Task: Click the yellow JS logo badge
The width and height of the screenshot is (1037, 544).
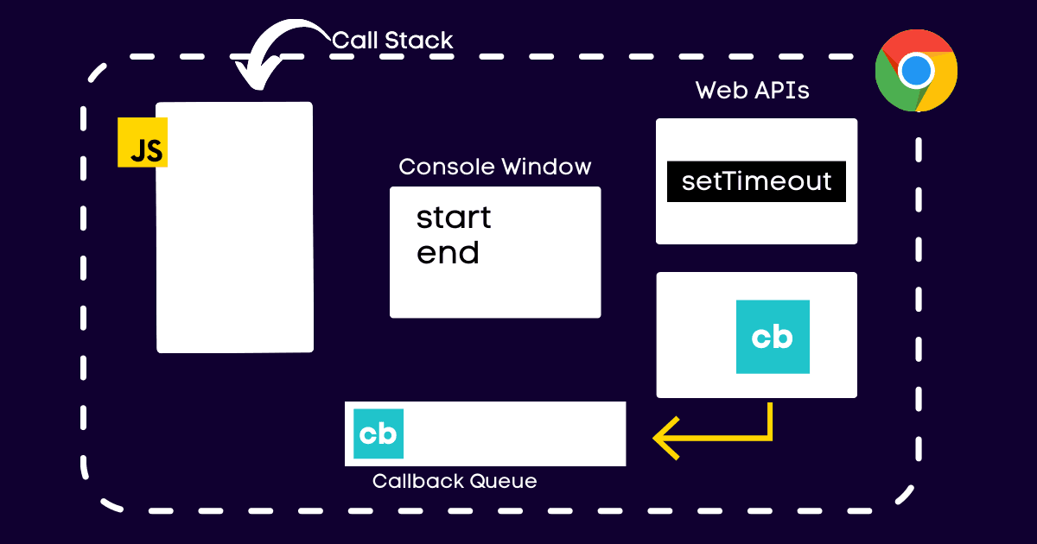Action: pos(143,142)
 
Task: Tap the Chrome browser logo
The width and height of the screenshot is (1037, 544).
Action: pos(916,71)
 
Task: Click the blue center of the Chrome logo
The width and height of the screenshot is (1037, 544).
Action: pos(916,71)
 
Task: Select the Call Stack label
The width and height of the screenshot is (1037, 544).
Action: pos(392,40)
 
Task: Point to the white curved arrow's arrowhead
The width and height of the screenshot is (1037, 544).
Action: pos(253,78)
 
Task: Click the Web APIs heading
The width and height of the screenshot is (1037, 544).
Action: pos(752,91)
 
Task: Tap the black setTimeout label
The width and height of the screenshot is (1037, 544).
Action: pos(756,181)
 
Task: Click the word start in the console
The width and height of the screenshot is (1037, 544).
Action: pos(454,218)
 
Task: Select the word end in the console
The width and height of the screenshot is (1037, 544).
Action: pos(448,254)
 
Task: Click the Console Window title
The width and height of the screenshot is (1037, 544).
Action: pos(495,167)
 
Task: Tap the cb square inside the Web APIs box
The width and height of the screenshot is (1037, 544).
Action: pos(773,337)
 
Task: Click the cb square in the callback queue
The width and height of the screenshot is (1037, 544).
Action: pos(379,433)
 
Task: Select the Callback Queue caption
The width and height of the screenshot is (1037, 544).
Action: pos(455,481)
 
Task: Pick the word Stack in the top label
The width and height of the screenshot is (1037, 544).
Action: pos(421,40)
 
